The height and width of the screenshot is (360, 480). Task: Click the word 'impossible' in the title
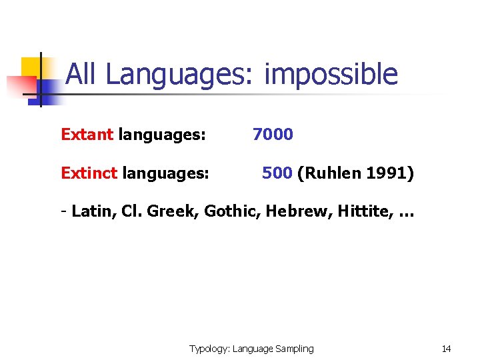tap(331, 75)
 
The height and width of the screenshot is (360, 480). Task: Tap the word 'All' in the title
tap(83, 74)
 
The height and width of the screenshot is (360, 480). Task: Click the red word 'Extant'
tap(87, 135)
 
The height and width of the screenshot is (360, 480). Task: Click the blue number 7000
tap(273, 135)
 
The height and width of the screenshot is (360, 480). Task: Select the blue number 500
tap(277, 174)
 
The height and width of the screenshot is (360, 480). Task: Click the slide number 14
tap(447, 349)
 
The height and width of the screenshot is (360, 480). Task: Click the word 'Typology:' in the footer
tap(209, 349)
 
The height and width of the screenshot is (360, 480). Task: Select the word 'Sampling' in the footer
tap(294, 349)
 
